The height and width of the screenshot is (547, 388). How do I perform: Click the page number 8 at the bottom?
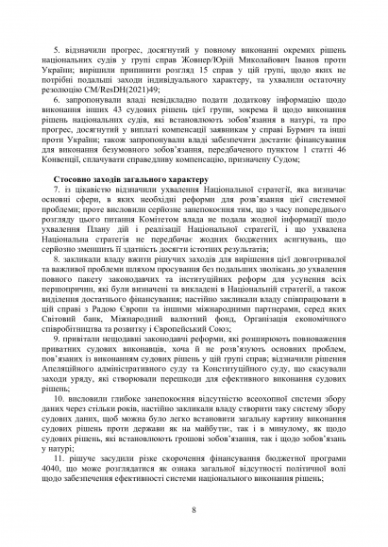194,510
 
